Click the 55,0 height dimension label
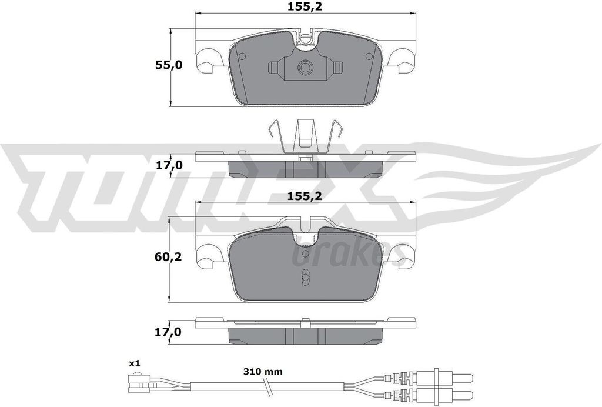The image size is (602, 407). (169, 65)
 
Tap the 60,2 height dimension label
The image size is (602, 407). (169, 256)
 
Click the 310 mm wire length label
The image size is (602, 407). (263, 371)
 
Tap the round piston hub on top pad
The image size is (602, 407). (305, 68)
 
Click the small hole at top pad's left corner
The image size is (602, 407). (242, 56)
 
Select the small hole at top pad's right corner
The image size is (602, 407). (369, 56)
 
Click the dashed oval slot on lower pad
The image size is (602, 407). (305, 278)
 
